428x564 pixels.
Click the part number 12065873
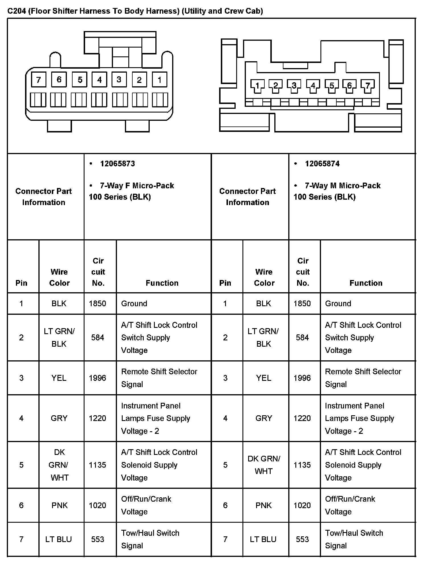click(117, 164)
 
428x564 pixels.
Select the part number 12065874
click(322, 164)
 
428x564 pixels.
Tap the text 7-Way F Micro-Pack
click(137, 186)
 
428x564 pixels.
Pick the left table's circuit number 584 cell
click(98, 338)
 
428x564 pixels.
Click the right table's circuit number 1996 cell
click(302, 378)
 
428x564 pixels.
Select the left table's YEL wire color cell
click(59, 378)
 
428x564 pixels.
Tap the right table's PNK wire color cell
click(264, 505)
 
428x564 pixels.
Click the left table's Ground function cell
click(134, 303)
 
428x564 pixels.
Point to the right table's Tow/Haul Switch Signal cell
click(354, 539)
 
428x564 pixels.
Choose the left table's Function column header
click(162, 283)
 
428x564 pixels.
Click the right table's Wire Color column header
click(264, 277)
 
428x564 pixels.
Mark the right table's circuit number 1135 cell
click(302, 465)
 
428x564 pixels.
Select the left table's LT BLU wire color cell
click(59, 539)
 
